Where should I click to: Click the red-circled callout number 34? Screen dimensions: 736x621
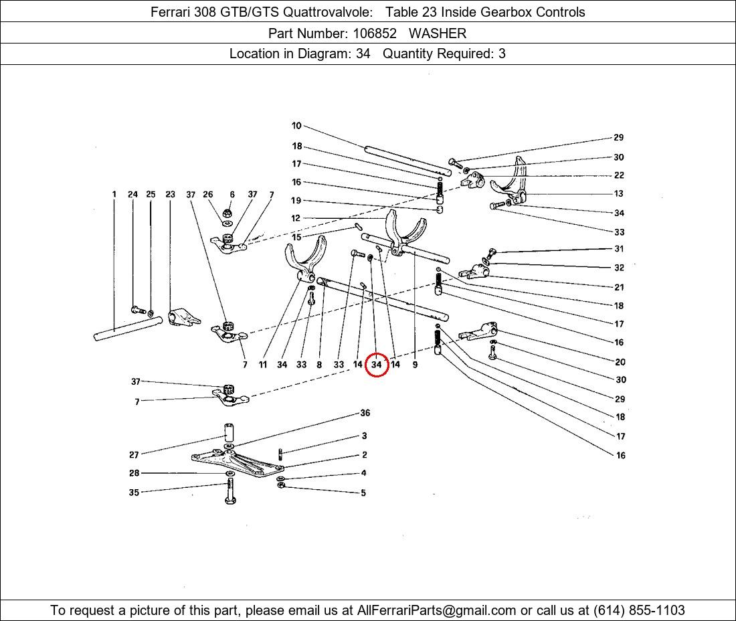tap(377, 364)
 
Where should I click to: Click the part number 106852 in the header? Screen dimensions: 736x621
tap(375, 33)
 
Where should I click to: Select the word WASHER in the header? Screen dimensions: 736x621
tap(438, 33)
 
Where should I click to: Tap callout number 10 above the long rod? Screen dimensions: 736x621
tap(296, 125)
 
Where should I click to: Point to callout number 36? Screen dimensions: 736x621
tap(365, 413)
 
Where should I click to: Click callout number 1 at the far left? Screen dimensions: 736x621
tap(114, 194)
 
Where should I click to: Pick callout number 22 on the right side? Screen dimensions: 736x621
tap(619, 175)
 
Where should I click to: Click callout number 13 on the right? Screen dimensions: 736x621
tap(619, 193)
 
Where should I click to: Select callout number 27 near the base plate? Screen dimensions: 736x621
tap(134, 454)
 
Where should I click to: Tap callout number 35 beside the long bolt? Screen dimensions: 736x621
tap(134, 493)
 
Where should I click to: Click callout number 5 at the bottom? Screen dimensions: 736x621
tap(363, 493)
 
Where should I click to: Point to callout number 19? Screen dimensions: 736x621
tap(296, 201)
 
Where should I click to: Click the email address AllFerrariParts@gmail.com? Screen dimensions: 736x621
tap(436, 610)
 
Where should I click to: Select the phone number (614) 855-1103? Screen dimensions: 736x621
tap(639, 610)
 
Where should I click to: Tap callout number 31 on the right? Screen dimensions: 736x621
tap(619, 249)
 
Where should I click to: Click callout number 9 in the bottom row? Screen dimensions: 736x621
tap(415, 364)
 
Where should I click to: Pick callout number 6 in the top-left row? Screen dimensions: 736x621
tap(232, 194)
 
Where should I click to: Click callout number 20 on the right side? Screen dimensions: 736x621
tap(620, 362)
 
